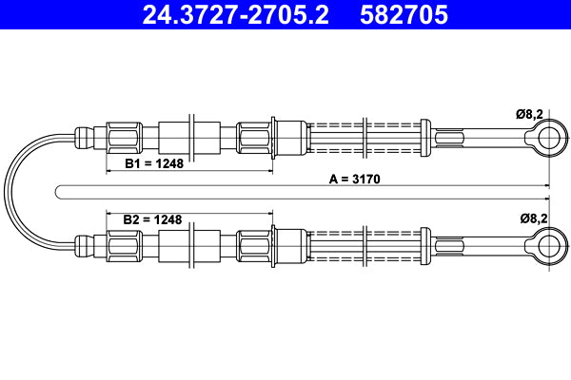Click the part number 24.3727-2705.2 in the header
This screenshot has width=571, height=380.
coord(235,15)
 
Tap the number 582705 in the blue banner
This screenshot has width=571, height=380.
coord(404,15)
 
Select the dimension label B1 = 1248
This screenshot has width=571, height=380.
coord(154,163)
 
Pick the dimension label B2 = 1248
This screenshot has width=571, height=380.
coord(152,219)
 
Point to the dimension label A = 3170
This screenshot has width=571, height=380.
coord(354,179)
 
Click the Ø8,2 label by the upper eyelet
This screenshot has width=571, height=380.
coord(529,114)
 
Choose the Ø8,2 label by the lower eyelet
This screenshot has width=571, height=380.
coord(534,218)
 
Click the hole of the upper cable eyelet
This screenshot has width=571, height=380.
coord(549,138)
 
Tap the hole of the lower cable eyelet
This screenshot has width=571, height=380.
coord(549,246)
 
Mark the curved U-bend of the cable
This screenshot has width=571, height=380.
coord(9,192)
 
